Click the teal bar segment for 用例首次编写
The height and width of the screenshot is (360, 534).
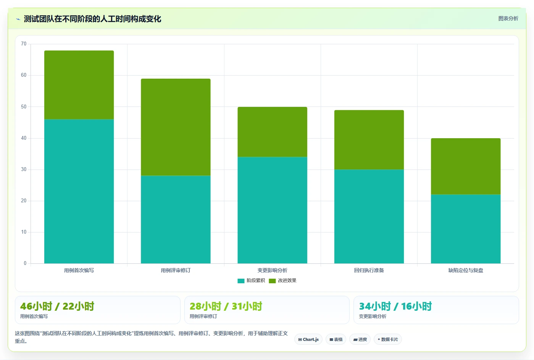(x=79, y=191)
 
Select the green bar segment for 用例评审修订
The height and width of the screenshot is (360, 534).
(x=176, y=127)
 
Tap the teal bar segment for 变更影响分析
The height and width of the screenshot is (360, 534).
(x=272, y=210)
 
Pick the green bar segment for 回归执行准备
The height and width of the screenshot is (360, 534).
(x=369, y=140)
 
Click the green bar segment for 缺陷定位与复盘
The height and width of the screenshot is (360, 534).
(x=466, y=166)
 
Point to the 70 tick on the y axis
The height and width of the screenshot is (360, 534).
(x=24, y=44)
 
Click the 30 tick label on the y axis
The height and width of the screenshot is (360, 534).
(x=24, y=169)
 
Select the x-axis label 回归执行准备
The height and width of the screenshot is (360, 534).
(x=369, y=270)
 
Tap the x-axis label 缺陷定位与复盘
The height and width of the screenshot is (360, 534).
(x=466, y=270)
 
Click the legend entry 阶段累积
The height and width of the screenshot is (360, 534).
(x=251, y=281)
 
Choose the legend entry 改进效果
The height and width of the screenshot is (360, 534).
(x=282, y=281)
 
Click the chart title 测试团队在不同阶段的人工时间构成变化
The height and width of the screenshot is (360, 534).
(x=92, y=19)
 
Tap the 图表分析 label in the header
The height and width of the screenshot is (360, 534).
(x=508, y=19)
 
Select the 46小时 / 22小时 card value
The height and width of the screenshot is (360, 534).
(x=57, y=306)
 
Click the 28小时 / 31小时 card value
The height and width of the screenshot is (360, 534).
(x=226, y=306)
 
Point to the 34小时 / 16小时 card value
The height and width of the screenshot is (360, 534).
(x=395, y=306)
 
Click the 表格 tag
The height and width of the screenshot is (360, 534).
(x=336, y=339)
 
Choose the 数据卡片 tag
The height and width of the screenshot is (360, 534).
(x=388, y=339)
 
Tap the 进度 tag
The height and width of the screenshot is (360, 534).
(x=360, y=339)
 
